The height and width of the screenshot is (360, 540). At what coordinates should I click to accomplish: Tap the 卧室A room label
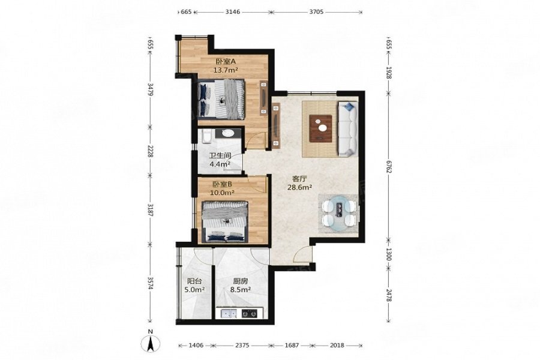[x=226, y=62]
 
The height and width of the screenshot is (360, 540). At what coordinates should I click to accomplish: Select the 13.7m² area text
[x=226, y=70]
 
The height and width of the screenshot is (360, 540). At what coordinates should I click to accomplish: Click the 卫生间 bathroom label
[x=220, y=156]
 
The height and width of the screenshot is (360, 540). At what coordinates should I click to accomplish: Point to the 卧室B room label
[x=222, y=184]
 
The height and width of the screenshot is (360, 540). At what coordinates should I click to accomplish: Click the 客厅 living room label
[x=299, y=179]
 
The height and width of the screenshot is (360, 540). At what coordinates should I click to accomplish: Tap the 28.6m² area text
[x=299, y=187]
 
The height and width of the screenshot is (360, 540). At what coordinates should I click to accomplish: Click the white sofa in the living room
[x=348, y=128]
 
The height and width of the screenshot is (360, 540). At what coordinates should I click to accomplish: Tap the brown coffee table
[x=320, y=128]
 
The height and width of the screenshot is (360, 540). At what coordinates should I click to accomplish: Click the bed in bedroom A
[x=221, y=99]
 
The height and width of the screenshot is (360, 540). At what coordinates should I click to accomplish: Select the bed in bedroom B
[x=225, y=221]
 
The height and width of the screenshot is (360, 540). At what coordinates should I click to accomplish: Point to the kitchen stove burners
[x=250, y=313]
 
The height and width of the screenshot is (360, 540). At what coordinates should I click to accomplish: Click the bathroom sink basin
[x=227, y=133]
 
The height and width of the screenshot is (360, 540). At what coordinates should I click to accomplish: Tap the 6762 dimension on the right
[x=388, y=167]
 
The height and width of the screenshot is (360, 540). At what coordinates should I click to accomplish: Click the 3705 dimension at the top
[x=316, y=12]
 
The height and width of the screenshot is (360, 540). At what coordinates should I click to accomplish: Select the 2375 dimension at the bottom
[x=242, y=345]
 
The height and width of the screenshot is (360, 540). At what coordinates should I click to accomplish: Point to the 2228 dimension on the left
[x=150, y=151]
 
